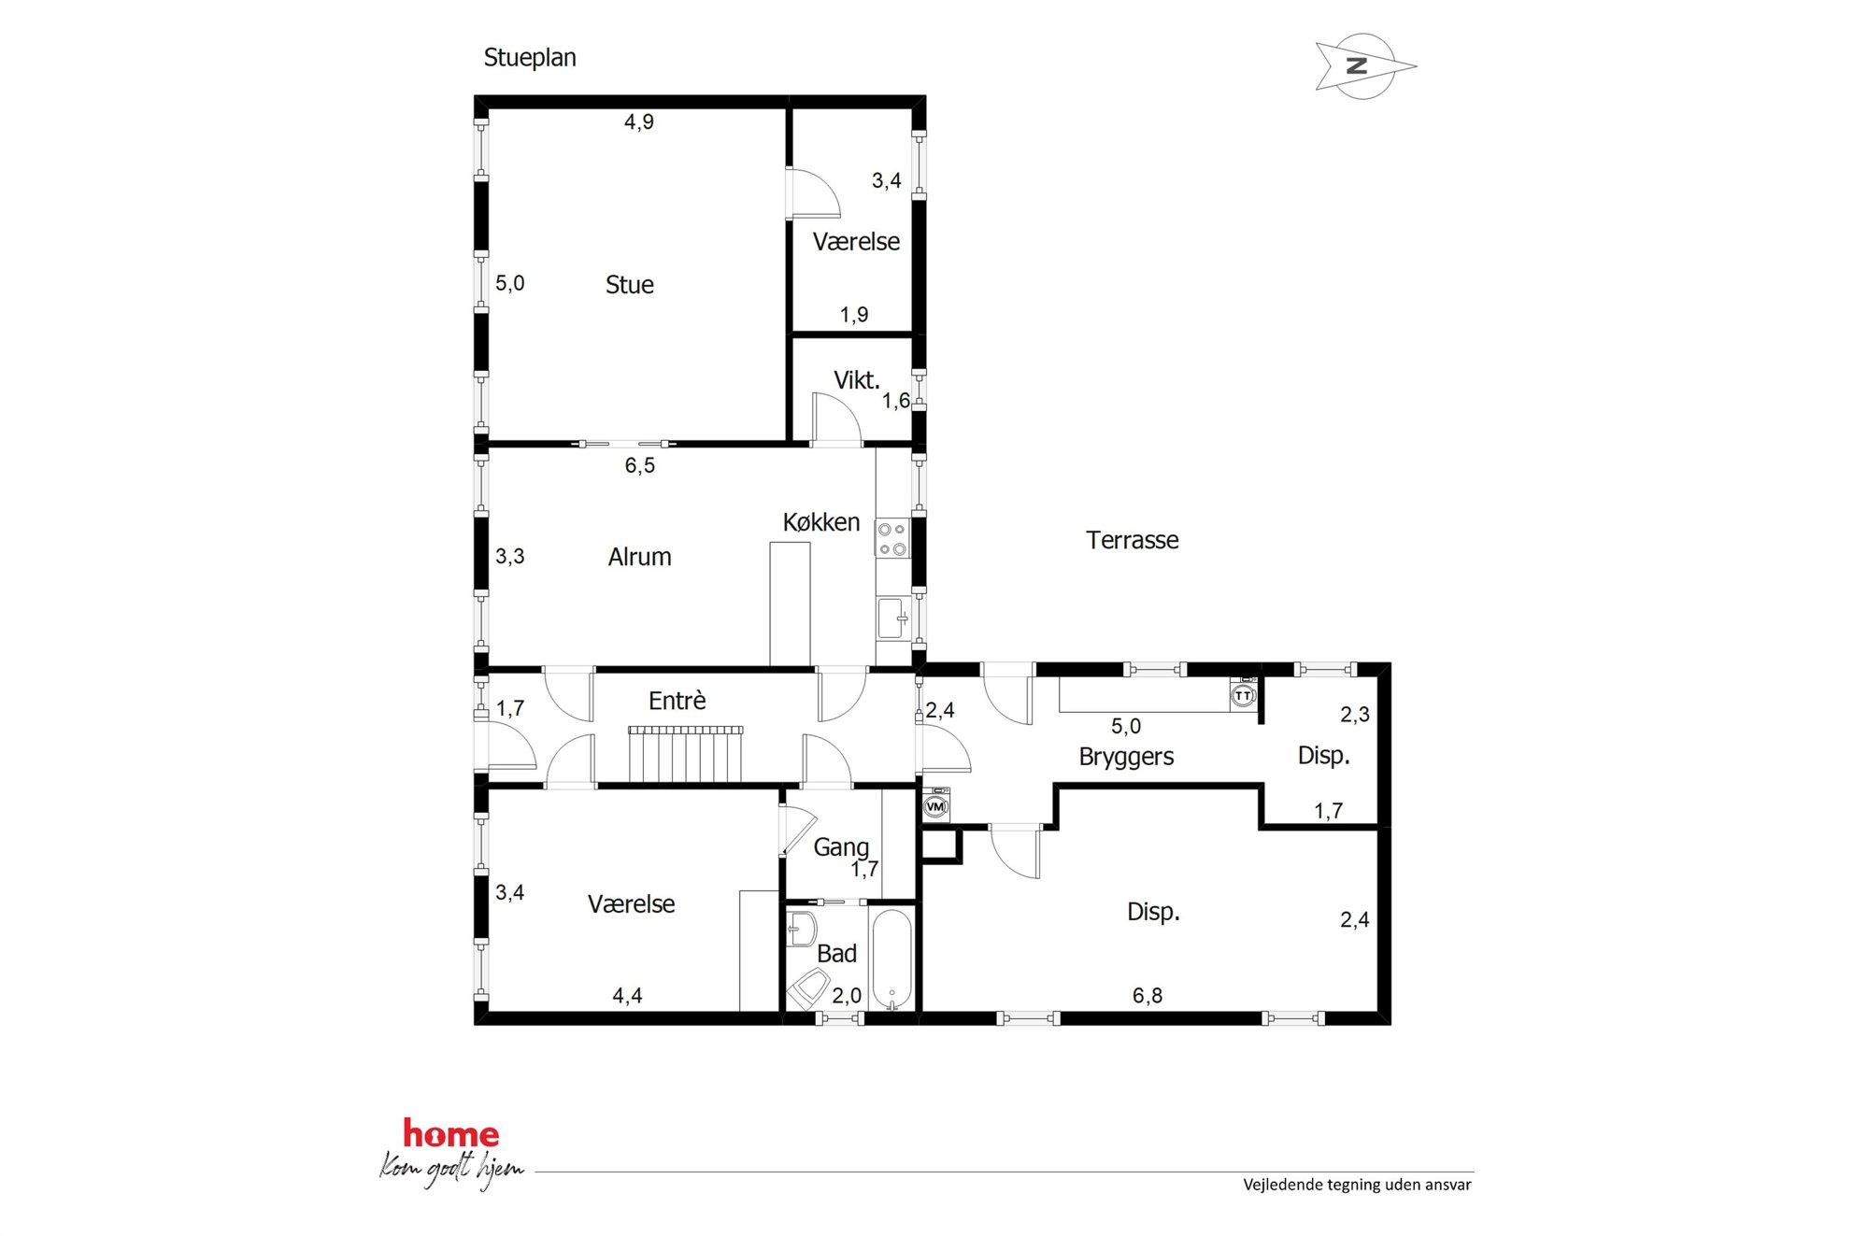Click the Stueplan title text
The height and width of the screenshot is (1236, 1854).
[x=530, y=58]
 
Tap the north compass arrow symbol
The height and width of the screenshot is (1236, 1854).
[x=1364, y=66]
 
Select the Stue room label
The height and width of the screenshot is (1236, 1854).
[x=629, y=285]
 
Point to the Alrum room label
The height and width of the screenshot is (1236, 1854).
[x=639, y=557]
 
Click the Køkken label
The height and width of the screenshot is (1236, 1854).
[x=821, y=522]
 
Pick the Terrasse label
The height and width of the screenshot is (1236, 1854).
[x=1132, y=540]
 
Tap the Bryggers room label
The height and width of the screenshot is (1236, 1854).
[x=1126, y=757]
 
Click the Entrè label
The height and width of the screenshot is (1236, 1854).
[x=677, y=701]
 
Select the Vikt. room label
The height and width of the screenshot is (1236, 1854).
[x=857, y=380]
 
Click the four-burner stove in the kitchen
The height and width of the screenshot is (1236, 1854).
[x=891, y=539]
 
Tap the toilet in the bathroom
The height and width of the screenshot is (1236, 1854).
[x=808, y=989]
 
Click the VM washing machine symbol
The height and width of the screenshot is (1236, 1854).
[x=935, y=805]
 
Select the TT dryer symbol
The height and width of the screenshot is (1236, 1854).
[x=1243, y=694]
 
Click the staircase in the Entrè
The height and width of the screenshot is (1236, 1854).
[x=686, y=754]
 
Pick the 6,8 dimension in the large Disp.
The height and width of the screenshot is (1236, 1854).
[x=1148, y=996]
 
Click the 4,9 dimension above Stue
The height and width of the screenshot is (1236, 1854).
[x=639, y=122]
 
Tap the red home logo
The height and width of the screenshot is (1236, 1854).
[x=451, y=1134]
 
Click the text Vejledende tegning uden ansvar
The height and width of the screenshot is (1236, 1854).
[x=1357, y=1185]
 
